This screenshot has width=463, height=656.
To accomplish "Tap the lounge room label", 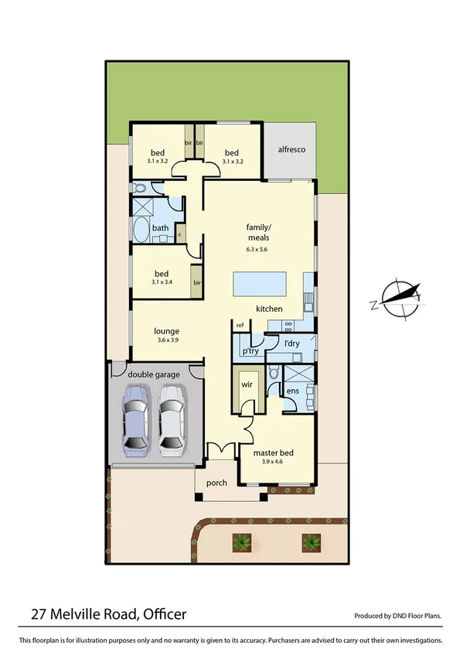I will tap(166, 331).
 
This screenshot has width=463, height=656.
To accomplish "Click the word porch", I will tap(217, 483).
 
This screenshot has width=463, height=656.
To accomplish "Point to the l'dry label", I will tap(291, 342).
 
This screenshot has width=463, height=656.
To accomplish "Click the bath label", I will tap(160, 228).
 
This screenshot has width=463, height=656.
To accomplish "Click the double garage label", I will tap(155, 374).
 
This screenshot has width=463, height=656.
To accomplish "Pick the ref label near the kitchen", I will tap(240, 325).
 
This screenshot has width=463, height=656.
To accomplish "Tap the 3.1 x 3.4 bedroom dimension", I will tap(162, 283).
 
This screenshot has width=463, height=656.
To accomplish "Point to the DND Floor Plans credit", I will tap(397, 617).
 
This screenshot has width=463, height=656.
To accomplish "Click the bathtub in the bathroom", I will tap(142, 231).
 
